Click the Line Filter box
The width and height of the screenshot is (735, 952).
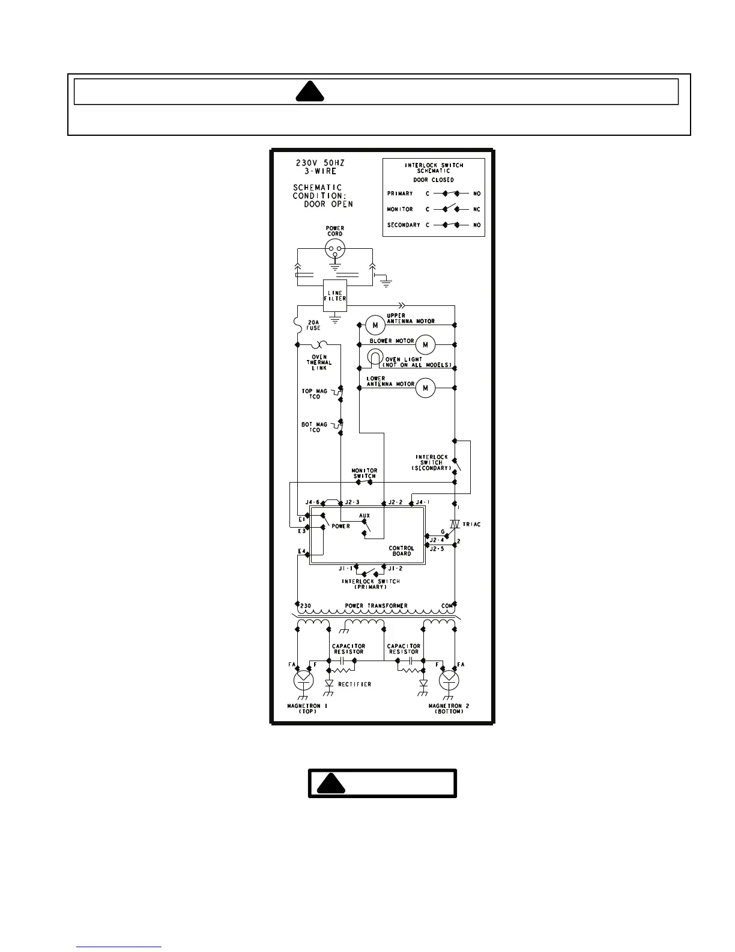[335, 296]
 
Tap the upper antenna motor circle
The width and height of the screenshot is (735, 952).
[375, 325]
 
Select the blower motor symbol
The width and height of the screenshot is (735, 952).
[425, 344]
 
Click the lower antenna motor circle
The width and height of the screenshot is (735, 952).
[425, 388]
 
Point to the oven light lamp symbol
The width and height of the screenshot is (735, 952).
[375, 359]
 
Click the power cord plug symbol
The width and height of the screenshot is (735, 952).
[334, 248]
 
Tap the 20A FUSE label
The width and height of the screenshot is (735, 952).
[313, 325]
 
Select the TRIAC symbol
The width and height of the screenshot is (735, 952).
[455, 524]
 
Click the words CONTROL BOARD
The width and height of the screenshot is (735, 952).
[401, 551]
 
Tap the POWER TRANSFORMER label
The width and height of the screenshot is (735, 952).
[376, 606]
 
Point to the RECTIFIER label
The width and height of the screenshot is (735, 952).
[354, 684]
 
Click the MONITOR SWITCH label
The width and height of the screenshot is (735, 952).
[364, 473]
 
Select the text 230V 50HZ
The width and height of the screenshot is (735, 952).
[319, 163]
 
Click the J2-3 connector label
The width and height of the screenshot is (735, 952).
[352, 502]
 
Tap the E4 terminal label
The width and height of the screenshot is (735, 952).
[301, 551]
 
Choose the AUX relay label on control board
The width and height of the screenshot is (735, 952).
[364, 516]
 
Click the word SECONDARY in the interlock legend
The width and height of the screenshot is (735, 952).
[404, 225]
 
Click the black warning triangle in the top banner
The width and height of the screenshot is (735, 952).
[310, 91]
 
